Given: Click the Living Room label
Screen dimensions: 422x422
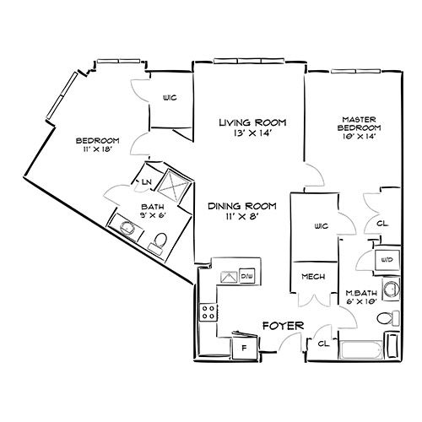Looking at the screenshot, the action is (x=252, y=122).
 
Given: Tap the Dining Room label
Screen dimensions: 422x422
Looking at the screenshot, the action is (x=242, y=206).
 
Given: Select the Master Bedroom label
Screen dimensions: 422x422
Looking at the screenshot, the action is (x=359, y=124).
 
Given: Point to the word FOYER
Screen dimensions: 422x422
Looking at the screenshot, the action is (x=284, y=326).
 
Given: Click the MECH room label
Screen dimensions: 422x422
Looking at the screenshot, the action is (x=313, y=277).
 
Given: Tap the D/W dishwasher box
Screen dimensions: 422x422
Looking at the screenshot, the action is (x=247, y=276).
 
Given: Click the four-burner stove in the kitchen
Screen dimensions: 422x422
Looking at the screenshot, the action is (x=208, y=312).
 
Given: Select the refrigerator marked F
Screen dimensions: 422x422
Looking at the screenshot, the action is (x=245, y=348).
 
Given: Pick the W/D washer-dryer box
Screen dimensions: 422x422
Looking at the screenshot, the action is (x=387, y=260).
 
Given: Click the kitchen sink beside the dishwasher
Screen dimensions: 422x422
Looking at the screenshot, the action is (x=230, y=277).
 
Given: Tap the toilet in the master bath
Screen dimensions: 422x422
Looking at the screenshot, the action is (x=388, y=318).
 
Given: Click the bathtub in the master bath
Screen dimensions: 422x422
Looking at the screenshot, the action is (x=361, y=350).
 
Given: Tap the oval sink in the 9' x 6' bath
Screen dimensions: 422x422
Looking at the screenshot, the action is (x=127, y=227).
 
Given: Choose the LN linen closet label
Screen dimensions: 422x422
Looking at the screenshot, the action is (x=147, y=182).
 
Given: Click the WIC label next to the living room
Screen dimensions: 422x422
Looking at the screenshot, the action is (x=170, y=98).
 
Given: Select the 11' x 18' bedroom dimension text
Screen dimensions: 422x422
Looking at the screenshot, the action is (x=98, y=149).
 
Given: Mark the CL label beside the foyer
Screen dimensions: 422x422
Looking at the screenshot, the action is (x=323, y=344).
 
